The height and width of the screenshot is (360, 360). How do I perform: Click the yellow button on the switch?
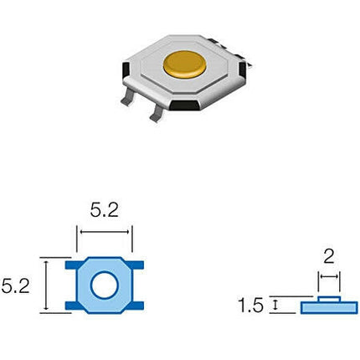click(x=185, y=64)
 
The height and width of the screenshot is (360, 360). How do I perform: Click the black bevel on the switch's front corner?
click(x=185, y=105)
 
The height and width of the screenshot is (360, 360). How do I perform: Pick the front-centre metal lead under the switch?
click(x=157, y=114)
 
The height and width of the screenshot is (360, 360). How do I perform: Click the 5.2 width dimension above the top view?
click(x=105, y=210)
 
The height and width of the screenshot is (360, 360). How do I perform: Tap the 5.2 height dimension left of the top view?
click(x=15, y=286)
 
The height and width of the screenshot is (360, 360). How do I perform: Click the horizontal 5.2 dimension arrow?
click(x=105, y=232)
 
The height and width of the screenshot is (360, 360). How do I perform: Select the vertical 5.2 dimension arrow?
click(x=46, y=285)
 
